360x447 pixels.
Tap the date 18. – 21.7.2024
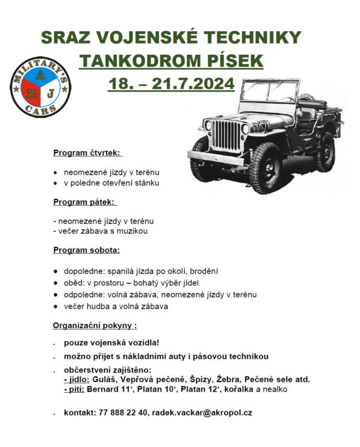click(171, 84)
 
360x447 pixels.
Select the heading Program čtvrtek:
click(87, 153)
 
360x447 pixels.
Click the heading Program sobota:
click(86, 250)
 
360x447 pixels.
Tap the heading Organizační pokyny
click(94, 325)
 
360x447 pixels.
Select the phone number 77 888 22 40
click(123, 413)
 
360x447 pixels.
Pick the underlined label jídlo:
click(77, 379)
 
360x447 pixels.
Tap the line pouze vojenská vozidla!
click(108, 343)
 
